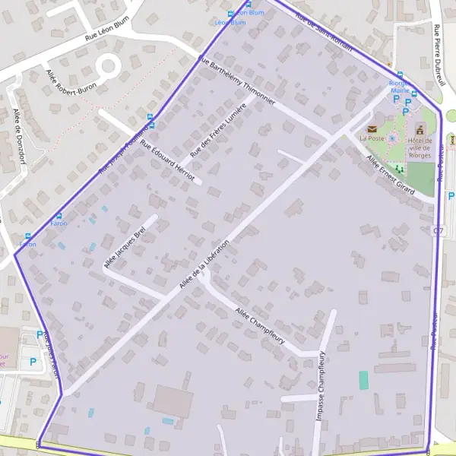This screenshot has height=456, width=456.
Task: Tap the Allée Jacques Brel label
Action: point(124,248)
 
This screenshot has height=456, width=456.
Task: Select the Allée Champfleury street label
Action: point(260,326)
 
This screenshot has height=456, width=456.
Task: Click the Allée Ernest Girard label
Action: point(390,175)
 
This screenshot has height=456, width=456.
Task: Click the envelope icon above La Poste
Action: point(372,129)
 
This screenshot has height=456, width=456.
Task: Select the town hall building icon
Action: point(420,130)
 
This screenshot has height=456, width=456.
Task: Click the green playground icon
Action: point(397,168)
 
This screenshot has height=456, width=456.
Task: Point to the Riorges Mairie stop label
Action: point(399,86)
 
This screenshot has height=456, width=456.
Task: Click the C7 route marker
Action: point(438,230)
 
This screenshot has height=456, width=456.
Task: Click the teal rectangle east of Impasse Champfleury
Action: point(363,380)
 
